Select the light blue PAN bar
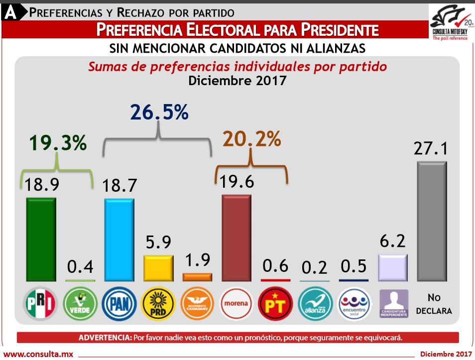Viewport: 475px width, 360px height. pyautogui.click(x=119, y=240)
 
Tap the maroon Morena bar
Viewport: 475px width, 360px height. pyautogui.click(x=237, y=239)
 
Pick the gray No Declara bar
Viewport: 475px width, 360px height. pyautogui.click(x=432, y=222)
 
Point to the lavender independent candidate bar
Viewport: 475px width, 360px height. pyautogui.click(x=393, y=268)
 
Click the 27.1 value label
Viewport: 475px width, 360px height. pyautogui.click(x=431, y=148)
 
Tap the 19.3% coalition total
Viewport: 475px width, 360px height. pyautogui.click(x=58, y=143)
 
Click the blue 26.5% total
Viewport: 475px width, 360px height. pyautogui.click(x=159, y=113)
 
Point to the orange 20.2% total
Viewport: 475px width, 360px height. pyautogui.click(x=251, y=139)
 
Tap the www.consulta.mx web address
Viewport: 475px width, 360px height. pyautogui.click(x=38, y=354)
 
